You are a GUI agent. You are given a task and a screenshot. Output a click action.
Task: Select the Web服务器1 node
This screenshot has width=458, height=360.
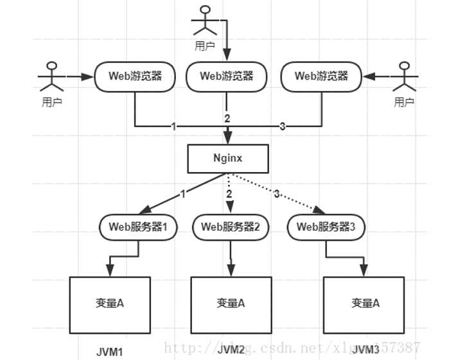138,227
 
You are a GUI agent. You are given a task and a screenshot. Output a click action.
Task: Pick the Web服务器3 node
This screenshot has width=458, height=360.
321,227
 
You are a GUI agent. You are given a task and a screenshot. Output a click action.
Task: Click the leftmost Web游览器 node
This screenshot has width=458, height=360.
136,76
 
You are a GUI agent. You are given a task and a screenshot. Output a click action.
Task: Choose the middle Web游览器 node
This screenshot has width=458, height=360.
226,76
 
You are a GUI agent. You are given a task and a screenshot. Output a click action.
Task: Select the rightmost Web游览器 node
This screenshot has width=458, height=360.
321,76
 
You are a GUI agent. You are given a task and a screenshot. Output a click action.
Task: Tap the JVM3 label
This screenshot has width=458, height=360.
366,350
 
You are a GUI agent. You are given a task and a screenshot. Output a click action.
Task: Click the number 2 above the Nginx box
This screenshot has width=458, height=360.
227,119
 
